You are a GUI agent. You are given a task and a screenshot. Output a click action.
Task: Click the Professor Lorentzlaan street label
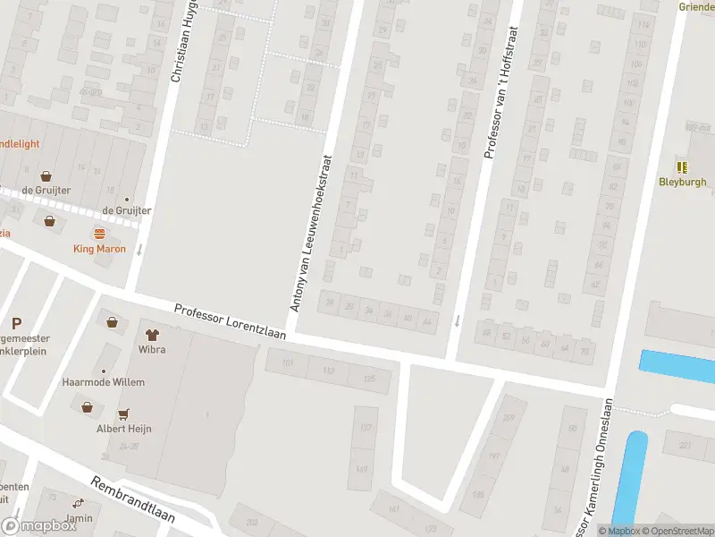230,323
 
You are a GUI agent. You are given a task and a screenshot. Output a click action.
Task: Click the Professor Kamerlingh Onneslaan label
599,465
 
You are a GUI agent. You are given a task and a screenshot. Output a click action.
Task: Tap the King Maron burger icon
99,234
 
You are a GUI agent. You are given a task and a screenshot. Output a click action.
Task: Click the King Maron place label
99,249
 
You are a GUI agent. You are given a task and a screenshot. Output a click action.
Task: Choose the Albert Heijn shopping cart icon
124,413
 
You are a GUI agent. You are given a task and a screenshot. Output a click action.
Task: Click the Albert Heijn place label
124,429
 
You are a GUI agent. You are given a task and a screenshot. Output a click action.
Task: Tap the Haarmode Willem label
103,382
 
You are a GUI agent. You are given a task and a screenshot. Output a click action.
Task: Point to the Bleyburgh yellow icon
683,166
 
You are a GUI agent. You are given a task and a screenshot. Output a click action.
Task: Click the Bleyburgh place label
683,182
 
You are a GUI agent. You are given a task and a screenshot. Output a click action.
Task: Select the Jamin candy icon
79,504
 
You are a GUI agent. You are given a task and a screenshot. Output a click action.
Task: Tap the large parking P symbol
16,323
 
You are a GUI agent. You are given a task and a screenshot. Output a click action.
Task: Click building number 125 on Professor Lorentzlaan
369,379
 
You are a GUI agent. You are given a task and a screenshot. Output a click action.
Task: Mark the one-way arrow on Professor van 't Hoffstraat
457,320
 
